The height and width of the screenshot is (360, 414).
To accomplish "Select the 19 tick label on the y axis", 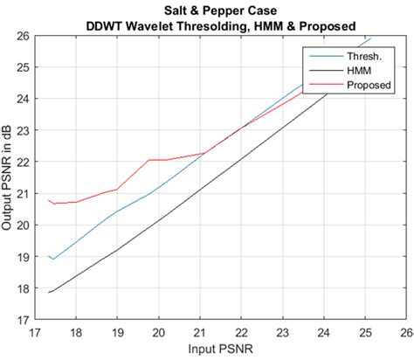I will (x=20, y=257).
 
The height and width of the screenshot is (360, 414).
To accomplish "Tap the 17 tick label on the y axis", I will (x=20, y=320).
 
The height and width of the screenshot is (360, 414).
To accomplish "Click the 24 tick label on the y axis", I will (x=20, y=99).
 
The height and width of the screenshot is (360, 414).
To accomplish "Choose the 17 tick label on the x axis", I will (x=36, y=333).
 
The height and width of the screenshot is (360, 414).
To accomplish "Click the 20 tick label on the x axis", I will (x=159, y=333).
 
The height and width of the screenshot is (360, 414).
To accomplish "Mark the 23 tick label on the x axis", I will (x=283, y=333).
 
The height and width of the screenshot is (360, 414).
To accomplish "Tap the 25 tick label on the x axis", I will (x=365, y=333).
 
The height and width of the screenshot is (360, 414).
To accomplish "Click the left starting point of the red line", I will (x=49, y=200).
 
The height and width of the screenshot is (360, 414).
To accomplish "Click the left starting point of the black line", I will (x=49, y=293).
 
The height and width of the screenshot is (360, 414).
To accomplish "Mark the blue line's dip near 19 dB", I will (x=53, y=260).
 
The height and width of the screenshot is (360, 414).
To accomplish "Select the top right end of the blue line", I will (x=371, y=38).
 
